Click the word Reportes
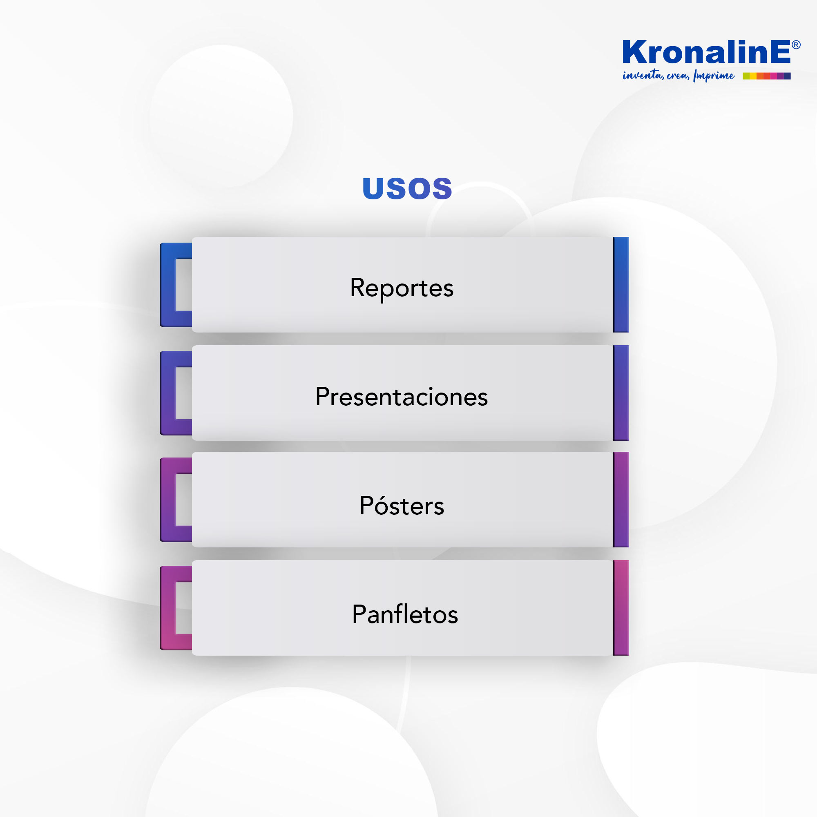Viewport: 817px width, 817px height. (401, 288)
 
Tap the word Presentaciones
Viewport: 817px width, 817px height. (401, 397)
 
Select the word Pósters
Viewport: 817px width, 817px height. (401, 505)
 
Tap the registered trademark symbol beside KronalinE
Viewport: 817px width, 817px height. (796, 45)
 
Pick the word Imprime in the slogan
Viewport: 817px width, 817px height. (714, 75)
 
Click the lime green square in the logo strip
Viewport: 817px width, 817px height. (746, 76)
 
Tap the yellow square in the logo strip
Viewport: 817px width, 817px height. (753, 76)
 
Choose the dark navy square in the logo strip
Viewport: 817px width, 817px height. (788, 76)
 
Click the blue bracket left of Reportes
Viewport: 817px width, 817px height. (168, 285)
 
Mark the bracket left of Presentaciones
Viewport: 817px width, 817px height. (168, 393)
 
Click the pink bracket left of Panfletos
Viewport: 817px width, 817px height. (168, 608)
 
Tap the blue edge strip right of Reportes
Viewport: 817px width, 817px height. (621, 285)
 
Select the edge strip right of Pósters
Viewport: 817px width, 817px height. (621, 500)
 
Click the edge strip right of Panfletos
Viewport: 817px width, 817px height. (621, 608)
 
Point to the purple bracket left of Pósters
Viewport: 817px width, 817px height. (168, 500)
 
